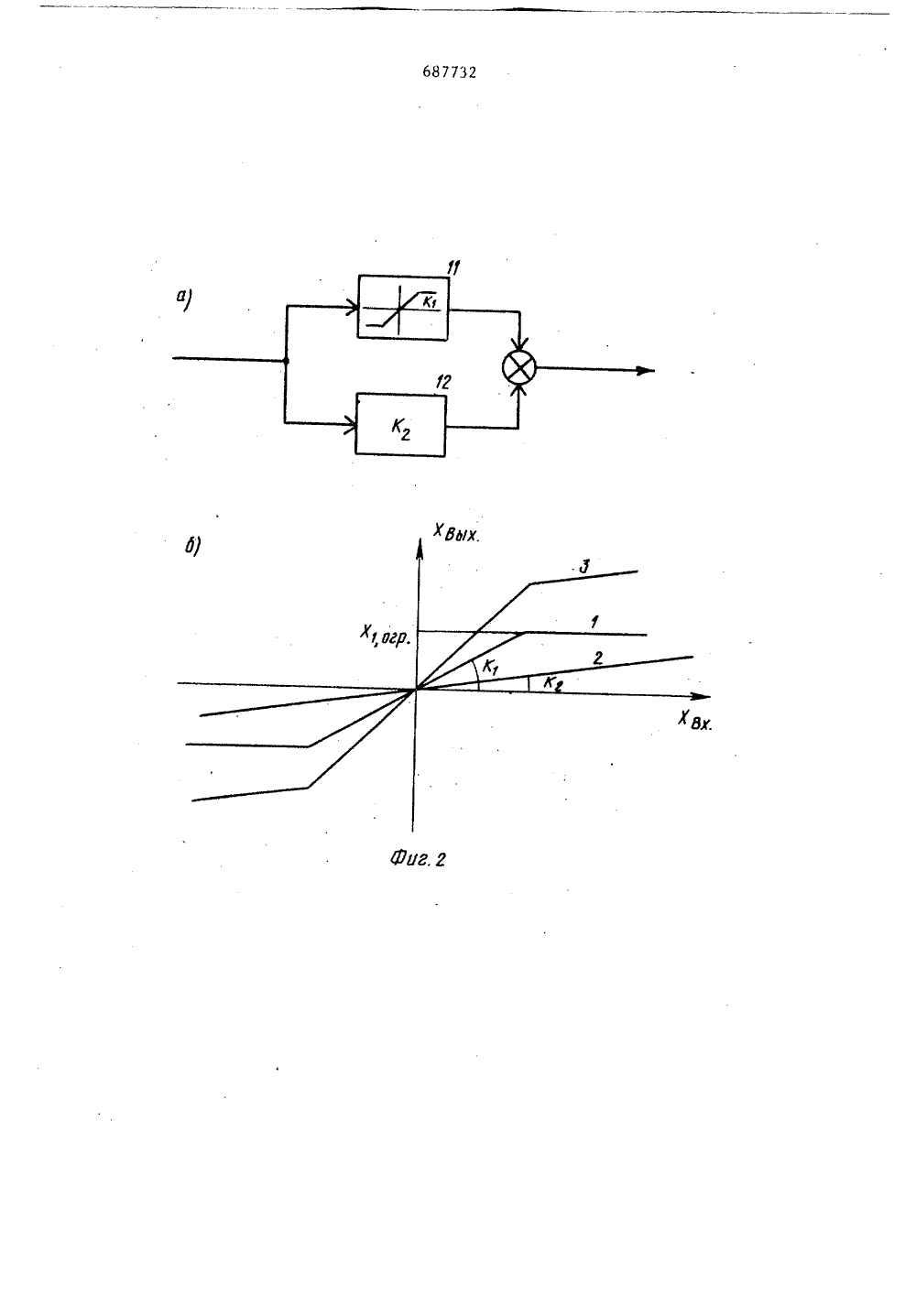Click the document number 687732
click(450, 72)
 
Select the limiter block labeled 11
click(403, 307)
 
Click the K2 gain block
click(400, 425)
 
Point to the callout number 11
click(453, 267)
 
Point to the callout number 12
click(443, 382)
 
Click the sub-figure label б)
click(192, 545)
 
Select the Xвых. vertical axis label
click(457, 532)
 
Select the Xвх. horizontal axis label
click(695, 721)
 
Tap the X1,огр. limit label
click(385, 637)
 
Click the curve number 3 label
click(584, 567)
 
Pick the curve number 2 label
click(598, 658)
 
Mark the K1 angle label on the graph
click(490, 668)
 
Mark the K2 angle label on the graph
click(553, 683)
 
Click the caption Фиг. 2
click(418, 860)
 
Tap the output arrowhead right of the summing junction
click(645, 371)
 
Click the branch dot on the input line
click(286, 361)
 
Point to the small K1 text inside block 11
click(430, 301)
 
